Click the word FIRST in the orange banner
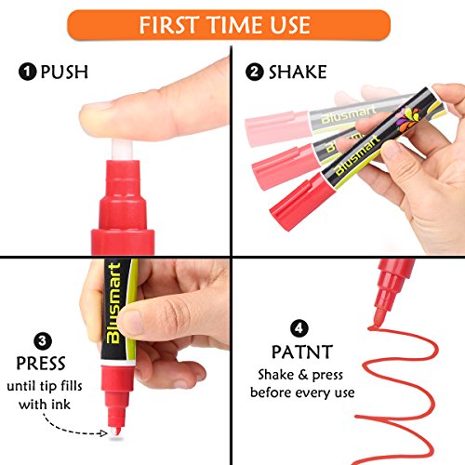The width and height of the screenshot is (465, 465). [168, 25]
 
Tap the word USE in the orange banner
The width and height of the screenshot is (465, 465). [290, 25]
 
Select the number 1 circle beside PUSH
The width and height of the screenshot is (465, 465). [28, 72]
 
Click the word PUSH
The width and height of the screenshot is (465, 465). [64, 72]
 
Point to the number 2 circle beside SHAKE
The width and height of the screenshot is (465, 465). [255, 72]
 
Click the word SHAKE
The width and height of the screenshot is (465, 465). [298, 72]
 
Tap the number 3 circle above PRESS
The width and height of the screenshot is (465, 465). [43, 341]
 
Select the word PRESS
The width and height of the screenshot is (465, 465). [41, 364]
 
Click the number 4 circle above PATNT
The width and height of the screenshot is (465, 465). [299, 328]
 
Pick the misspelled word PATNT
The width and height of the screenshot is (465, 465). [302, 352]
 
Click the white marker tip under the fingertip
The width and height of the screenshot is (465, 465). [123, 150]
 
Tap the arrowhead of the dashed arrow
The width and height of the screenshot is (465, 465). [103, 432]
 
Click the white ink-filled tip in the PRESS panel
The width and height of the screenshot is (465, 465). [115, 432]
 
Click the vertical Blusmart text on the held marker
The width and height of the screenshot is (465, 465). [113, 303]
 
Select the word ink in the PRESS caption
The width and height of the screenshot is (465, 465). [60, 405]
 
